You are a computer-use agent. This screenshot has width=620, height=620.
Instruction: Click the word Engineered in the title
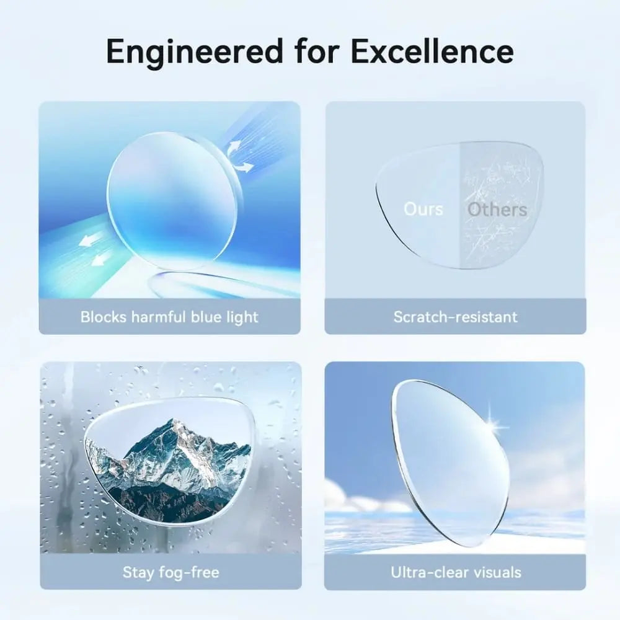(195, 52)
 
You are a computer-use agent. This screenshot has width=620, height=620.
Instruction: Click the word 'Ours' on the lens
(423, 209)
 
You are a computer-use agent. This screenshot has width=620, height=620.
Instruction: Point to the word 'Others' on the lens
(497, 209)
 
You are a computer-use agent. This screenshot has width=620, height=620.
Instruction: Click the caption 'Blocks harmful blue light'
(169, 317)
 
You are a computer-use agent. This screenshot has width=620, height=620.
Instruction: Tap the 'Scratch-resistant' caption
(456, 317)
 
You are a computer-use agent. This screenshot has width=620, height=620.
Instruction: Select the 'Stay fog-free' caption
(171, 572)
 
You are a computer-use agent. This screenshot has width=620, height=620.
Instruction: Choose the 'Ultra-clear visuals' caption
(456, 572)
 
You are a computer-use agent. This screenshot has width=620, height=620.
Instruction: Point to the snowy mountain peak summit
(173, 422)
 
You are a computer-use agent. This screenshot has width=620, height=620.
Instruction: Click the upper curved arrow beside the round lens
(233, 149)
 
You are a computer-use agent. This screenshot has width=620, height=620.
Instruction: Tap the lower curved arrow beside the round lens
(244, 167)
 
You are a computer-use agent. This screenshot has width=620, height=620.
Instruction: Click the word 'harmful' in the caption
(158, 317)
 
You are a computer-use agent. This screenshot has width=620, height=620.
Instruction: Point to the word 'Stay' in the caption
(138, 573)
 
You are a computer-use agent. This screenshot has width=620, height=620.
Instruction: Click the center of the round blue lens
(172, 201)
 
